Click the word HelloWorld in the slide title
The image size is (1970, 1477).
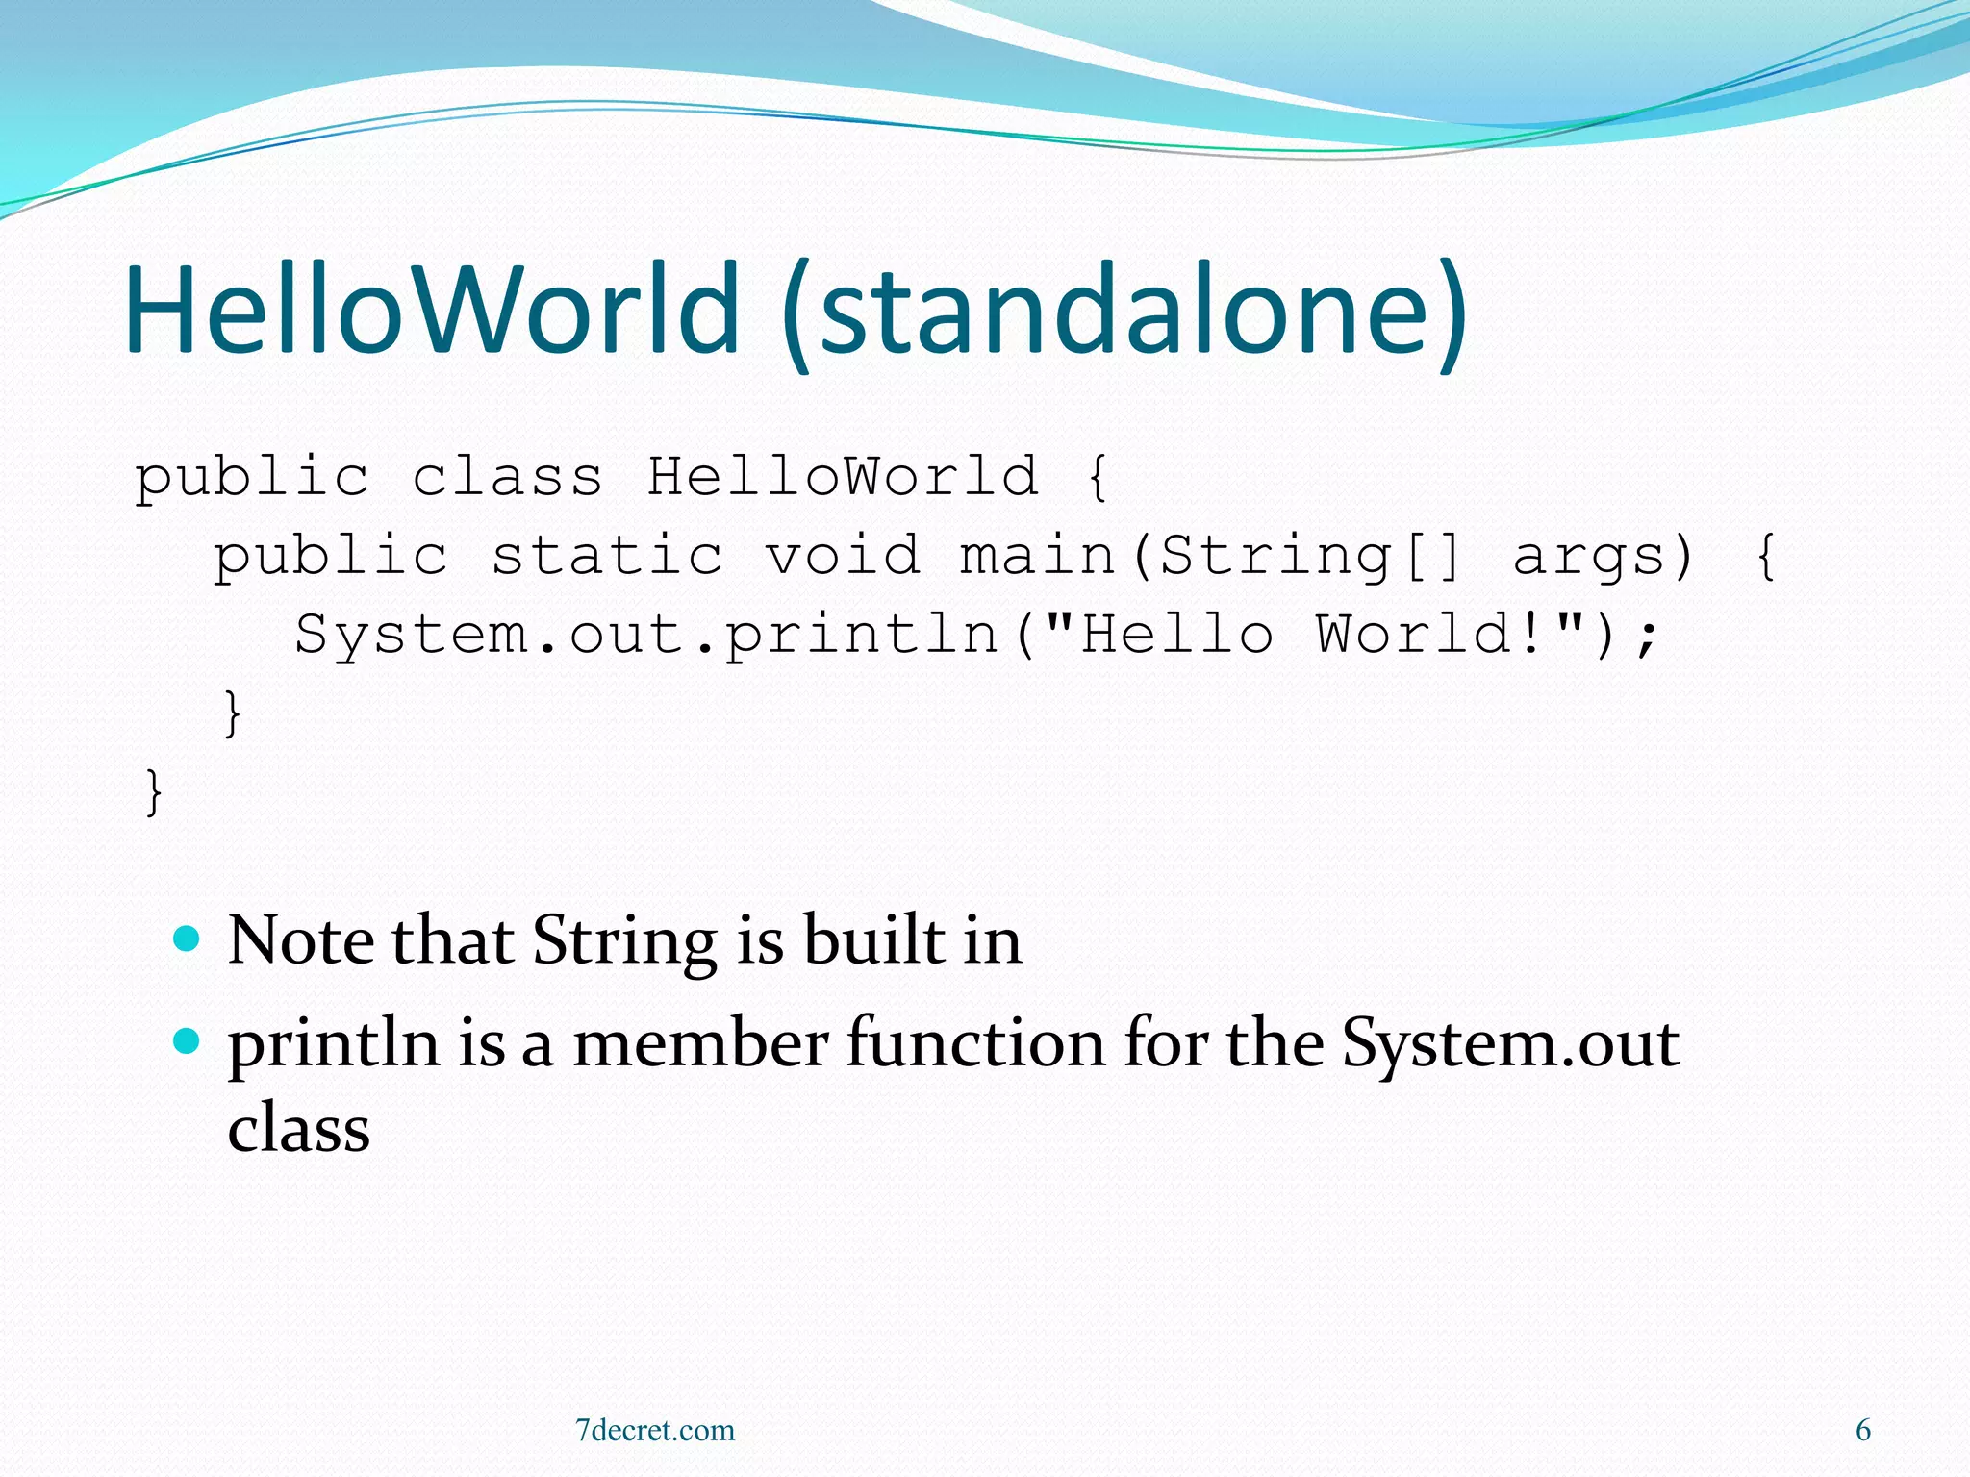point(433,310)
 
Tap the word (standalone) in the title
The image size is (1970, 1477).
point(1124,310)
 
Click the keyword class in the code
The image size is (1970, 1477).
point(507,477)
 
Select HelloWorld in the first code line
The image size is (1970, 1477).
point(843,477)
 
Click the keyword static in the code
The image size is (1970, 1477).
point(607,556)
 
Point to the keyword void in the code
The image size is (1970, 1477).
point(843,556)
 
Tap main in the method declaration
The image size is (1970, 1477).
point(1038,556)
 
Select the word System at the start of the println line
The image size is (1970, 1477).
point(412,636)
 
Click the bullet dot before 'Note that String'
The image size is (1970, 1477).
point(187,938)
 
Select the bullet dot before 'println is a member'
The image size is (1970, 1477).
point(187,1040)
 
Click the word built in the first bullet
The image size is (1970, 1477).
point(873,939)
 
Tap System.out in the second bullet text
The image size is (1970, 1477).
point(1510,1043)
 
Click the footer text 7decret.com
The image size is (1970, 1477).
point(654,1430)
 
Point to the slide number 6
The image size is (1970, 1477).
point(1862,1430)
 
